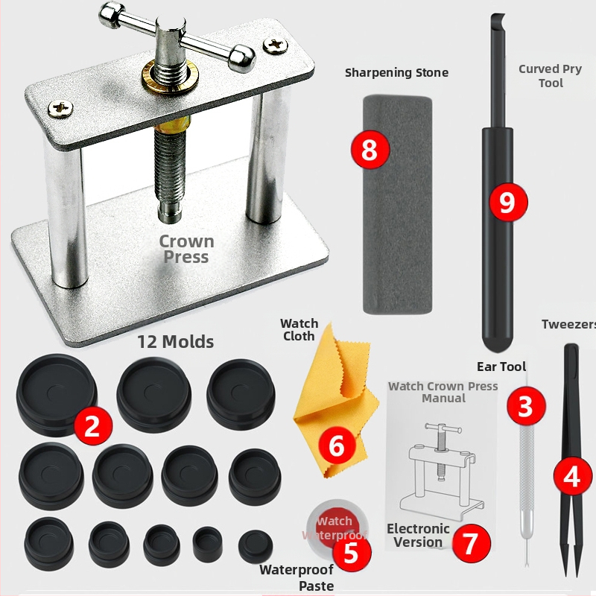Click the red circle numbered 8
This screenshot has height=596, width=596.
coord(370,150)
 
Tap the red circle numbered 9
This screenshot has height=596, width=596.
coord(508,202)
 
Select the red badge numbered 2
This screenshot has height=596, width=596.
coord(92,425)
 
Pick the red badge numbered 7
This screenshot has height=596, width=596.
coord(471,543)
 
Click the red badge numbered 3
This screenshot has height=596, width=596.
coord(526,405)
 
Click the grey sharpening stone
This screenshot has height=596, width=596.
coord(398,204)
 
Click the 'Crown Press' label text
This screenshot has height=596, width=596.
coord(186,249)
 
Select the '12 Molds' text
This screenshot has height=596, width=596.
coord(176,341)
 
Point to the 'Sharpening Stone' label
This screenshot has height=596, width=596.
coord(396,72)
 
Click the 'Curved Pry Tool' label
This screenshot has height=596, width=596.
coord(550,76)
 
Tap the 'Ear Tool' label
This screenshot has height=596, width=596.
coord(501,367)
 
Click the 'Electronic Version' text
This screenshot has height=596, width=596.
coord(418,535)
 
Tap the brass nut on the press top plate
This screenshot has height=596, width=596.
coord(171,77)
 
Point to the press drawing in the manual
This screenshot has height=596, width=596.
coord(441,469)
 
